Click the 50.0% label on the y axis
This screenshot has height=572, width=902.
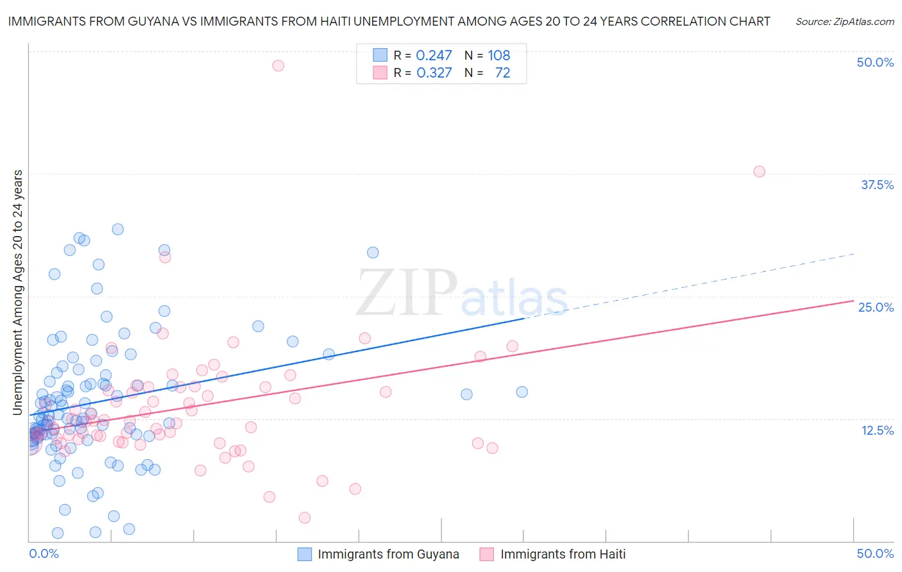874,62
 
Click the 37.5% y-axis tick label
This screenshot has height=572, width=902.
876,185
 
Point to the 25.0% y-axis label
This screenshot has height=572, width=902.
875,307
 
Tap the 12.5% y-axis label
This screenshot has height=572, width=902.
877,430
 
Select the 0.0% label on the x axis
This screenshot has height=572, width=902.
44,553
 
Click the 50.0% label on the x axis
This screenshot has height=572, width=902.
874,553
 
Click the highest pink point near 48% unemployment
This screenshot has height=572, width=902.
278,65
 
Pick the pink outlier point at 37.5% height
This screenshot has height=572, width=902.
759,171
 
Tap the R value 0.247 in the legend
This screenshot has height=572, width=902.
434,56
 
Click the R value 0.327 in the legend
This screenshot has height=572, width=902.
434,73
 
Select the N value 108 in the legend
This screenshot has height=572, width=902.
498,56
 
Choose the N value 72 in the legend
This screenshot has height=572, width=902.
502,73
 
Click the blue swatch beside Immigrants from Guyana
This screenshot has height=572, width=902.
305,554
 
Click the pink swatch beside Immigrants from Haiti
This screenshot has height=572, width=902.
487,554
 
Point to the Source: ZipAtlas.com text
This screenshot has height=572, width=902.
844,22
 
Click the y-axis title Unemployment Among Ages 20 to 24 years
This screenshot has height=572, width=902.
18,292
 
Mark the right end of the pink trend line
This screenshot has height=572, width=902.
853,301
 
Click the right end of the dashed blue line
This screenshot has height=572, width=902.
853,254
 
